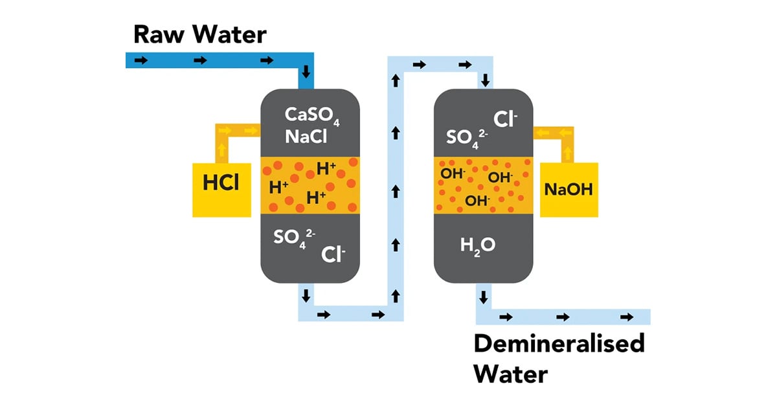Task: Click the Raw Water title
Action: click(x=199, y=34)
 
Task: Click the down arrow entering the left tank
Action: click(x=306, y=70)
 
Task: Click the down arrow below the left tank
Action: click(x=306, y=296)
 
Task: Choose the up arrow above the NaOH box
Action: click(x=569, y=152)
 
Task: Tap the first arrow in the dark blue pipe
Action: click(x=140, y=61)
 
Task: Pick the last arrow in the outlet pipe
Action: click(x=626, y=317)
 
